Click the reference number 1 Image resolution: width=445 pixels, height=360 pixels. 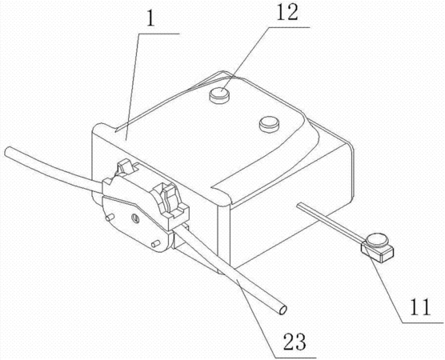pyautogui.click(x=150, y=18)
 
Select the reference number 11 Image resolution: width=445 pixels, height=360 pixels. pyautogui.click(x=420, y=306)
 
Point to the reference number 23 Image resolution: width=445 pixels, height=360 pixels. pyautogui.click(x=295, y=342)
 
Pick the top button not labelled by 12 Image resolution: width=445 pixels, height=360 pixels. pyautogui.click(x=269, y=124)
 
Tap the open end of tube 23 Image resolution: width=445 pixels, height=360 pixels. pyautogui.click(x=283, y=310)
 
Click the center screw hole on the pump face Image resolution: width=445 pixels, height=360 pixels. pyautogui.click(x=135, y=218)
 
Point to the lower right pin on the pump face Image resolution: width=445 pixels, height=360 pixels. pyautogui.click(x=155, y=243)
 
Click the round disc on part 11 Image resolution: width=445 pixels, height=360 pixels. pyautogui.click(x=376, y=240)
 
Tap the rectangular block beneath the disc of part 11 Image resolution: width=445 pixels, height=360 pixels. pyautogui.click(x=378, y=251)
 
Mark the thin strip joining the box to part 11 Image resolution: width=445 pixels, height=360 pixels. pyautogui.click(x=330, y=222)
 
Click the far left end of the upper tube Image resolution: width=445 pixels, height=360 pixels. pyautogui.click(x=7, y=151)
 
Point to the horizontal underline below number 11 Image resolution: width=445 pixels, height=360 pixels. pyautogui.click(x=423, y=322)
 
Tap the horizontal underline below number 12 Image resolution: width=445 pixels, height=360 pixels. pyautogui.click(x=289, y=27)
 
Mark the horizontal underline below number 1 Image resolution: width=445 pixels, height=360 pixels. pyautogui.click(x=159, y=34)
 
